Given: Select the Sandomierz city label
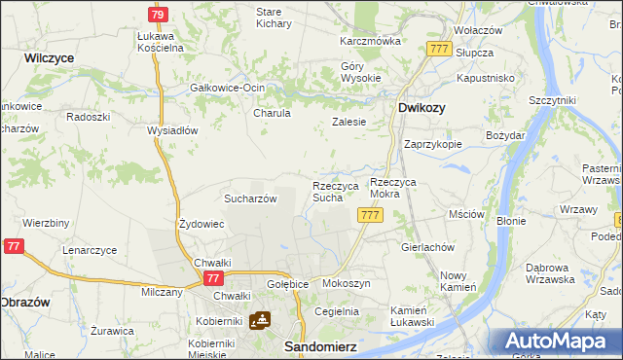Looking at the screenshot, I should pyautogui.click(x=316, y=345).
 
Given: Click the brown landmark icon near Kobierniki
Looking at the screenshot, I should pyautogui.click(x=260, y=320).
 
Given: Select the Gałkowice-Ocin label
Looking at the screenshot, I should pyautogui.click(x=227, y=88).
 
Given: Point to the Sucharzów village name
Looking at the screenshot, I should pyautogui.click(x=251, y=198).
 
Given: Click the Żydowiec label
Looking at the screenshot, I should pyautogui.click(x=202, y=224).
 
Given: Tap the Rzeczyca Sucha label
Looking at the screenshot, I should pyautogui.click(x=336, y=191).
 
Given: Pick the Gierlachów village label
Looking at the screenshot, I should pyautogui.click(x=428, y=247).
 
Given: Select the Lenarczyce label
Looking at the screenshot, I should pyautogui.click(x=90, y=250).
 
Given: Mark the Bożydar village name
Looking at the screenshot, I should pyautogui.click(x=505, y=135).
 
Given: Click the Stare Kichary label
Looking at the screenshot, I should pyautogui.click(x=274, y=17).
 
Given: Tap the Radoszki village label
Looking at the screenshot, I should pyautogui.click(x=88, y=116).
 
